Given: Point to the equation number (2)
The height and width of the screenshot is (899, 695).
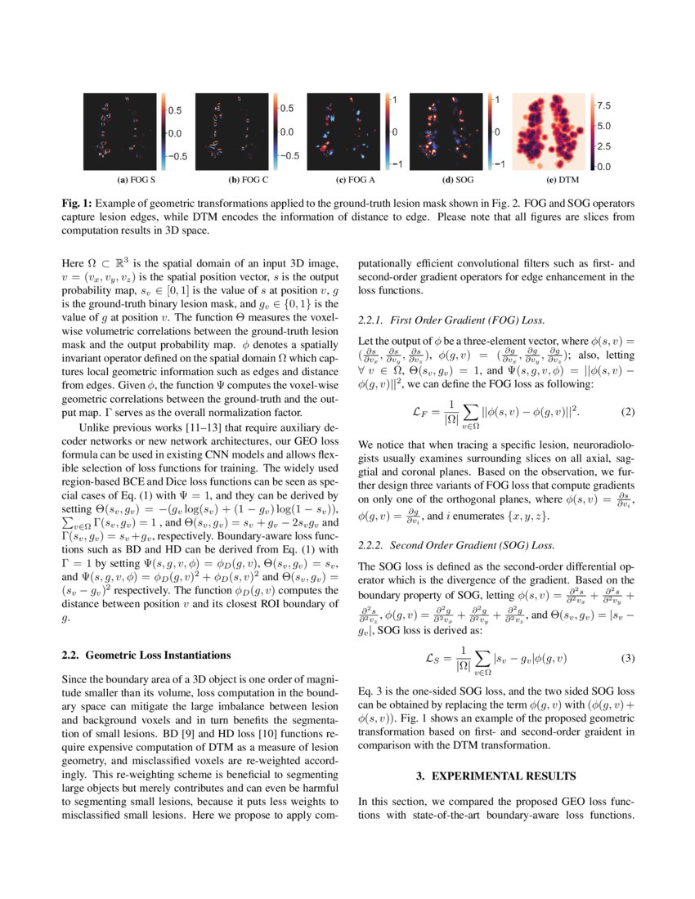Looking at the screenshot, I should [x=628, y=412].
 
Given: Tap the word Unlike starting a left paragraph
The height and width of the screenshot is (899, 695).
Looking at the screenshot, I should [x=95, y=427].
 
